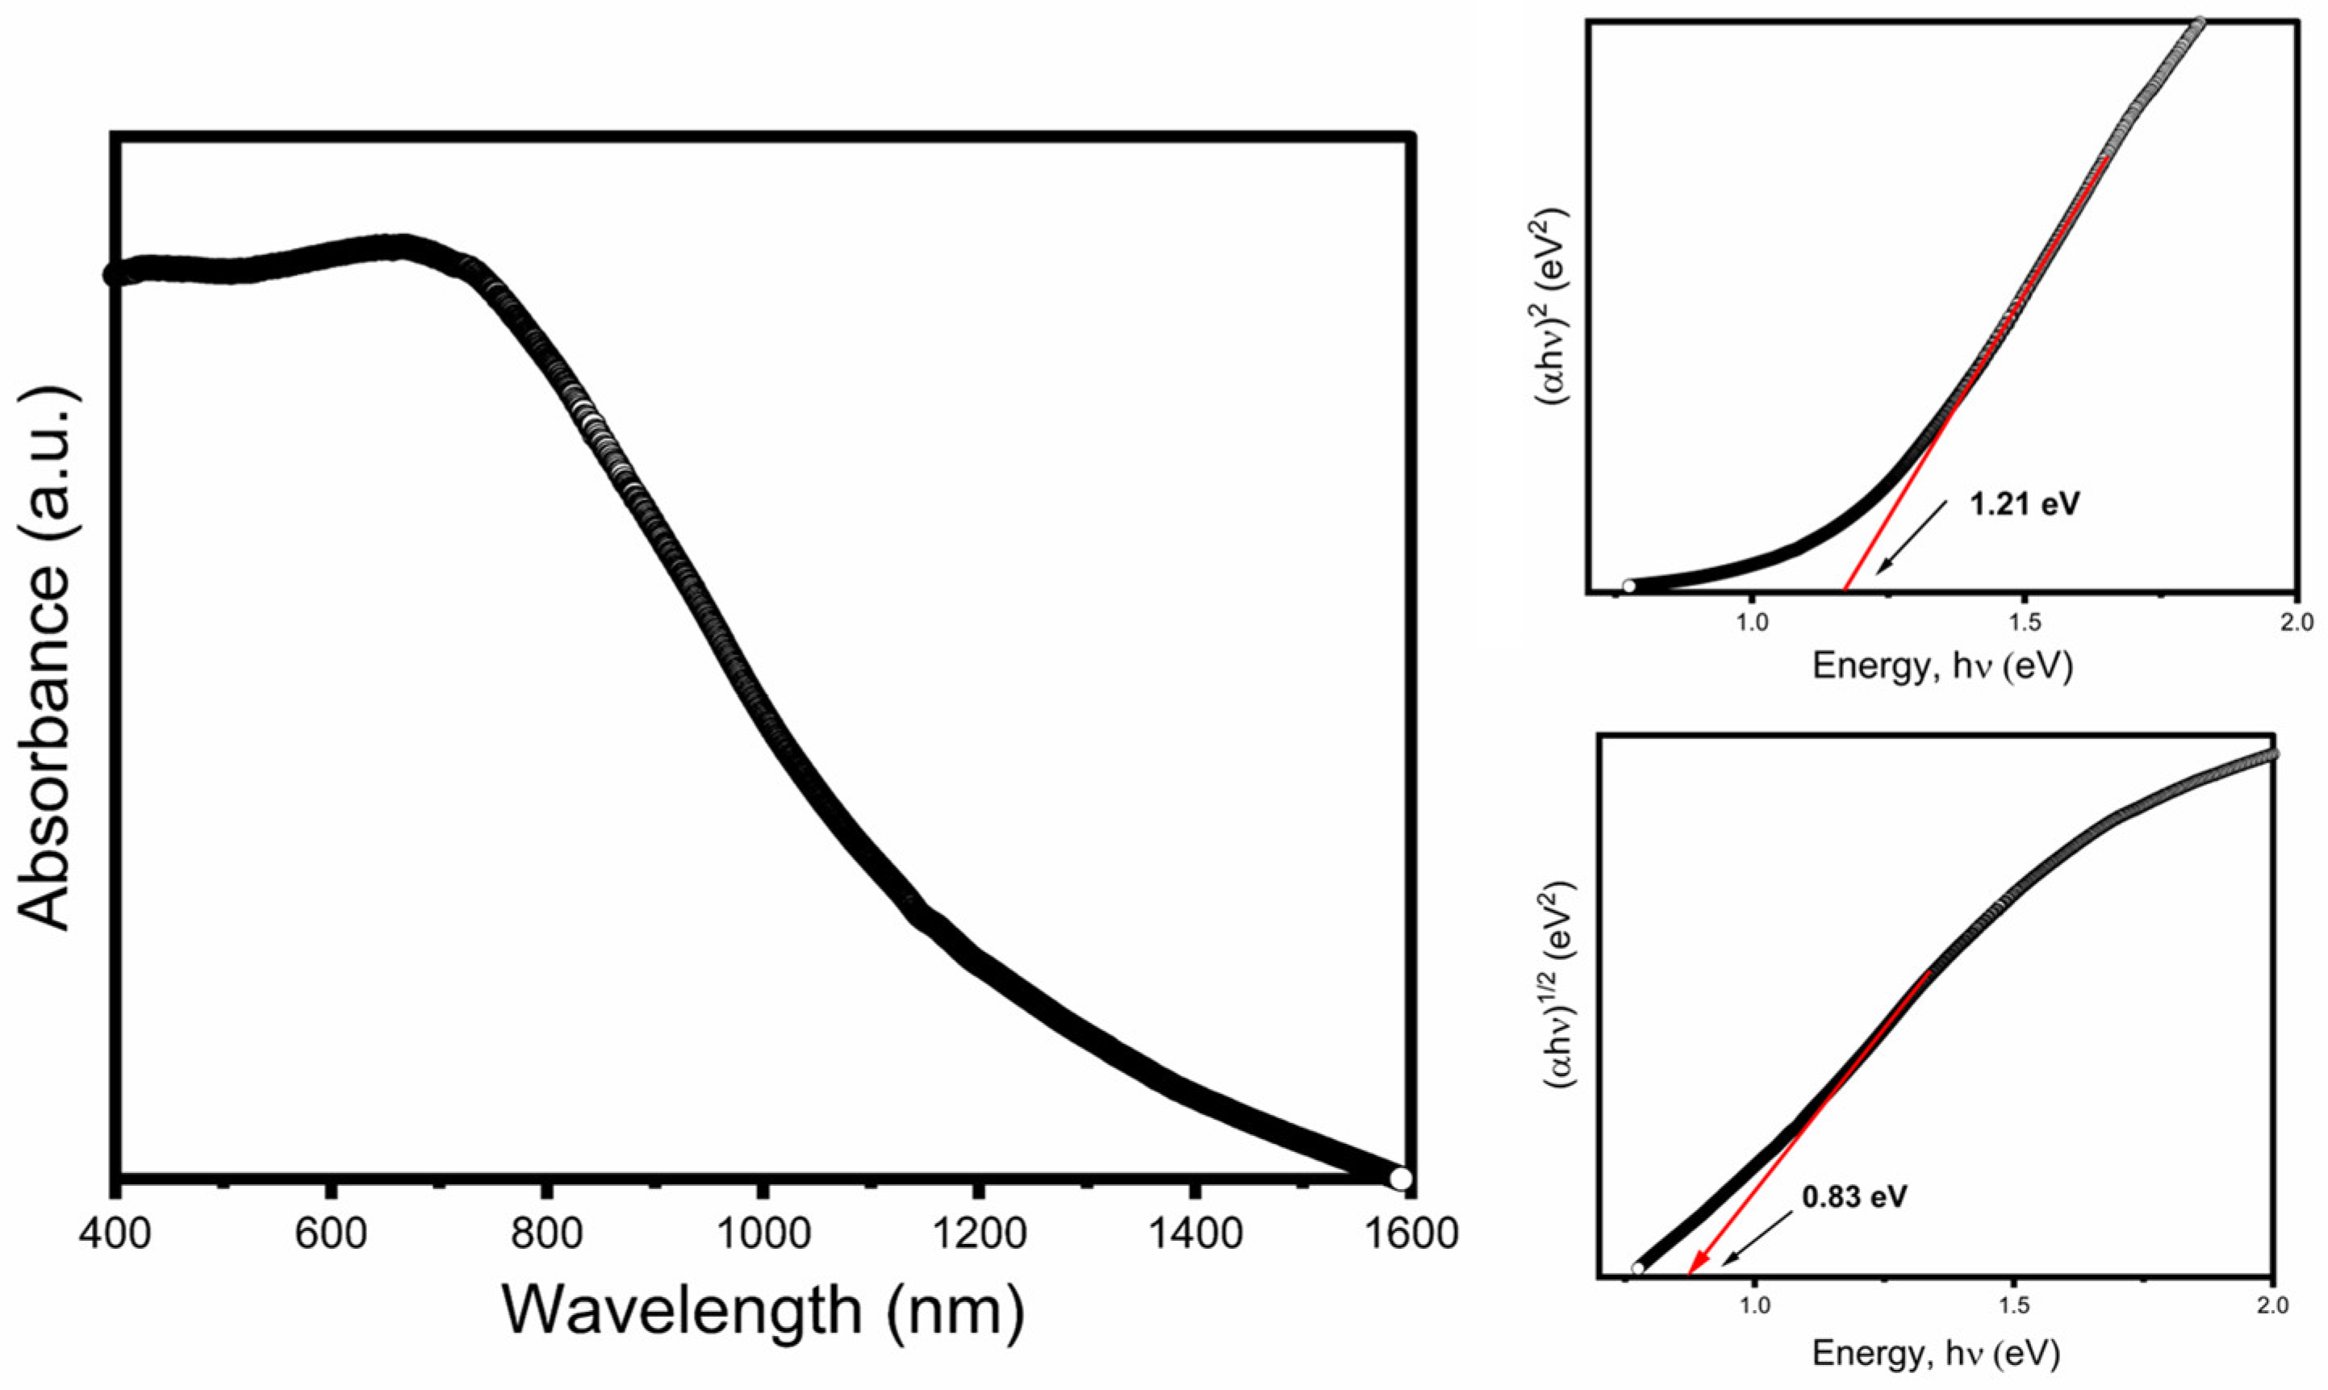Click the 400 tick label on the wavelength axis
(115, 1233)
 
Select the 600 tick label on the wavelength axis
(330, 1233)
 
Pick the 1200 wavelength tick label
(977, 1233)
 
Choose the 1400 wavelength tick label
(1193, 1233)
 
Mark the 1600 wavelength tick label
(1408, 1233)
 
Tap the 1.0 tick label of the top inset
(1750, 621)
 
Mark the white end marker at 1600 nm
(1399, 1177)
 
